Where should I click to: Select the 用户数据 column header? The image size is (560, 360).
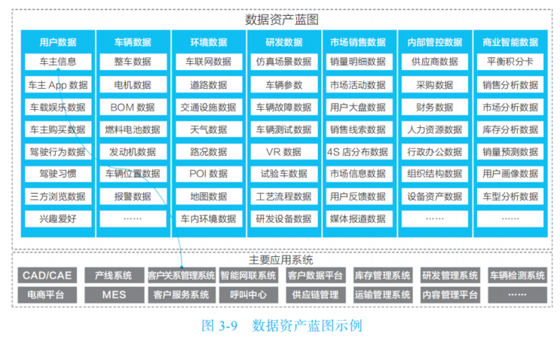pyautogui.click(x=57, y=42)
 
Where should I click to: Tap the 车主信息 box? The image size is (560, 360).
pyautogui.click(x=57, y=62)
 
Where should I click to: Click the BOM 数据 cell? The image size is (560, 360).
pyautogui.click(x=132, y=107)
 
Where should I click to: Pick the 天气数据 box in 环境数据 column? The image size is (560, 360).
pyautogui.click(x=208, y=130)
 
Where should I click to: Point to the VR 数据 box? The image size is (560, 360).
pyautogui.click(x=283, y=152)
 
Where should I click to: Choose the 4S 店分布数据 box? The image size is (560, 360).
pyautogui.click(x=359, y=152)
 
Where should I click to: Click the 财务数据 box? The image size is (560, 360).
pyautogui.click(x=434, y=107)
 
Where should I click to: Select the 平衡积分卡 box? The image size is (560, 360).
pyautogui.click(x=510, y=62)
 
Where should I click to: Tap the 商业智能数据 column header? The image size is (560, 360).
pyautogui.click(x=510, y=42)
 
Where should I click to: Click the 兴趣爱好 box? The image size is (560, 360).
pyautogui.click(x=57, y=219)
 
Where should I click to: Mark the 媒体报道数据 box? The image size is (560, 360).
pyautogui.click(x=359, y=219)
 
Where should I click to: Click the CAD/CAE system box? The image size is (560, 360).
pyautogui.click(x=46, y=276)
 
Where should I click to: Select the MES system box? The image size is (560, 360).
pyautogui.click(x=114, y=294)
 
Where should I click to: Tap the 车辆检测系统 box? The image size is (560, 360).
pyautogui.click(x=517, y=276)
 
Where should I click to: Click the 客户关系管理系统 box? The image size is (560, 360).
pyautogui.click(x=181, y=276)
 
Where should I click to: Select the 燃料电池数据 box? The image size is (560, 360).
pyautogui.click(x=132, y=130)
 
